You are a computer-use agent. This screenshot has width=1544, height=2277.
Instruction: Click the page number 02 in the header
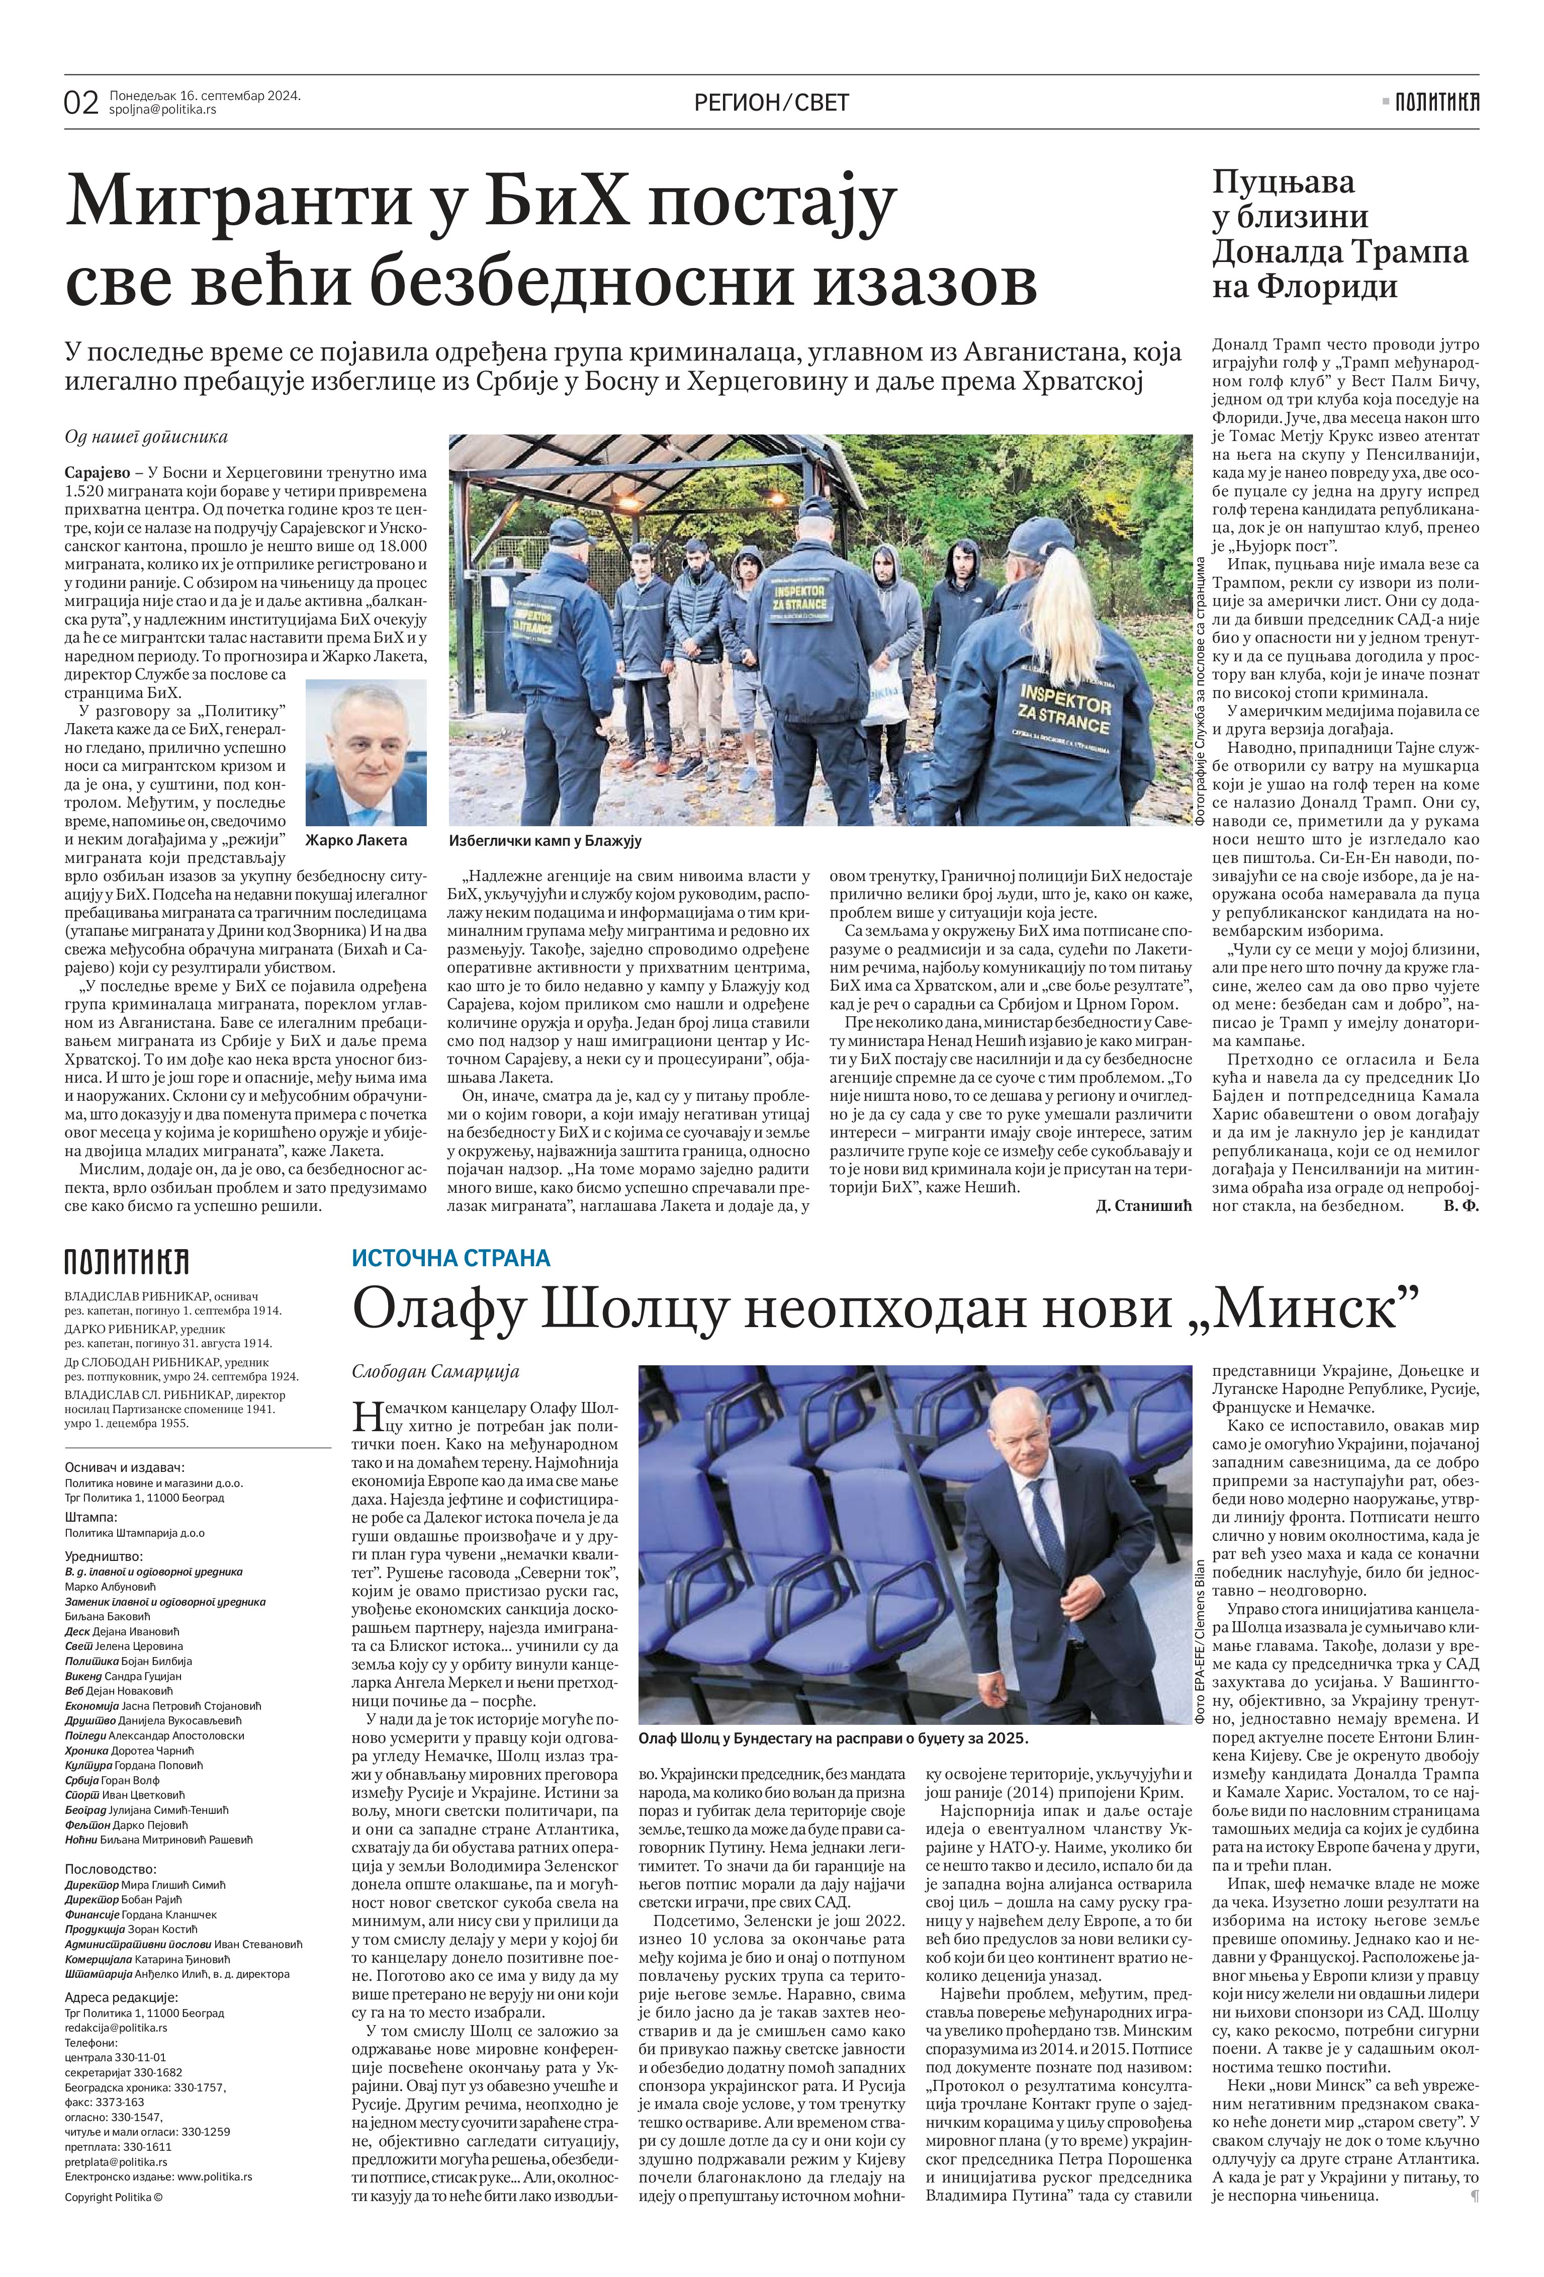coord(81,102)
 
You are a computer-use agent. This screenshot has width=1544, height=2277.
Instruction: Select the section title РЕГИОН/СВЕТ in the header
coord(771,102)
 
